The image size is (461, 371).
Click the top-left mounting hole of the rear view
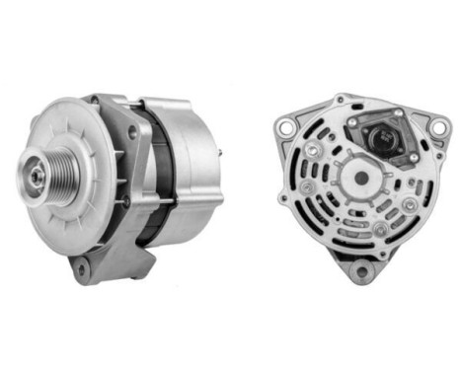click(x=286, y=126)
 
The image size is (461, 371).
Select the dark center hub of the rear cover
click(x=362, y=179)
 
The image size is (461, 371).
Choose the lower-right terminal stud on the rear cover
click(x=380, y=229)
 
